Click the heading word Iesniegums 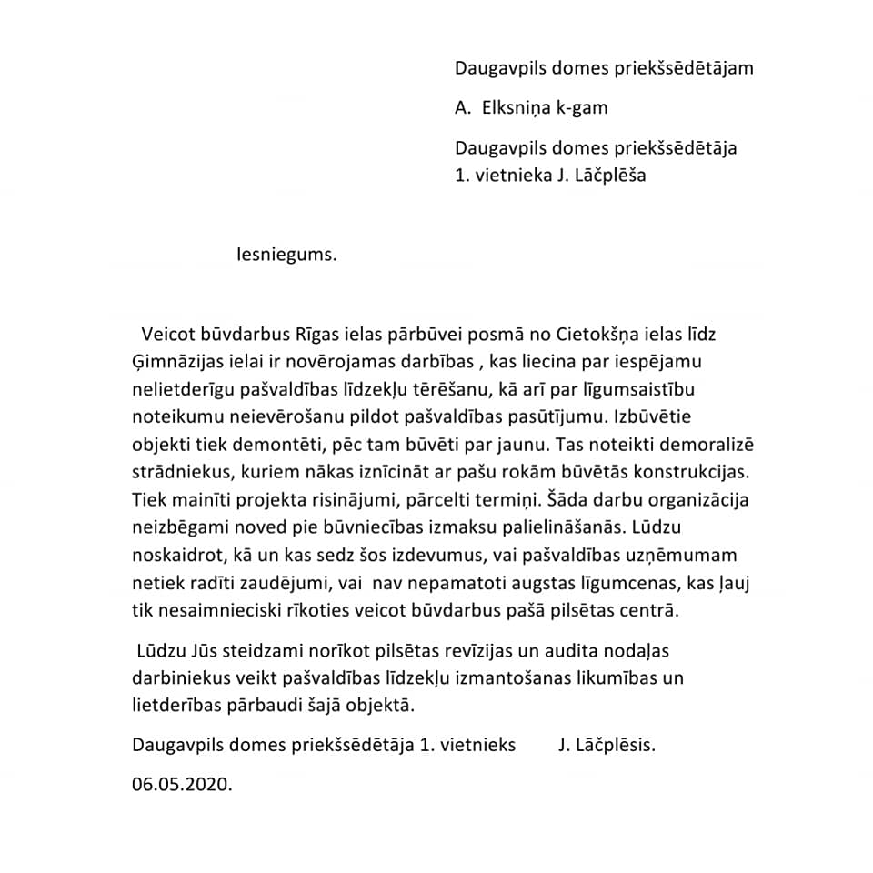[x=286, y=255]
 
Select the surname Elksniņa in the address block [x=514, y=108]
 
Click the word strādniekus [x=182, y=474]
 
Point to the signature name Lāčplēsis [x=614, y=745]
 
